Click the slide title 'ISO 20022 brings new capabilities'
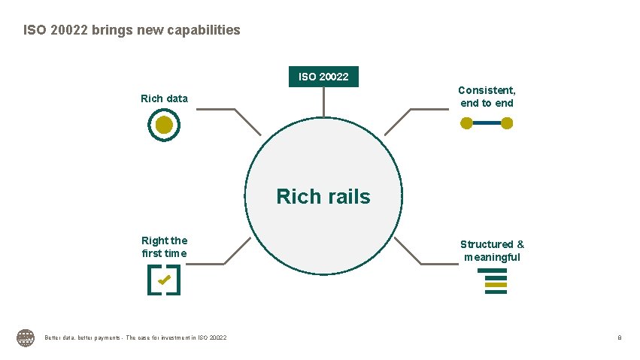pyautogui.click(x=132, y=31)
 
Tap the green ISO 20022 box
pyautogui.click(x=324, y=77)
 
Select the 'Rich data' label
pyautogui.click(x=164, y=98)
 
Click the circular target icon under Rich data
pyautogui.click(x=165, y=125)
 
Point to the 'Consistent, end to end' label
pyautogui.click(x=487, y=97)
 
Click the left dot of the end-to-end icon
pyautogui.click(x=466, y=123)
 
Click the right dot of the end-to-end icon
pyautogui.click(x=507, y=123)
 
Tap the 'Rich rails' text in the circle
pyautogui.click(x=323, y=197)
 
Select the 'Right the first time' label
pyautogui.click(x=165, y=247)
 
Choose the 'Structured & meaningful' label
pyautogui.click(x=492, y=250)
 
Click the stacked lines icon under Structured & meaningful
pyautogui.click(x=496, y=285)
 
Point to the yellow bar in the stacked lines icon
pyautogui.click(x=496, y=285)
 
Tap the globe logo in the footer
pyautogui.click(x=26, y=338)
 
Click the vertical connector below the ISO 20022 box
pyautogui.click(x=324, y=102)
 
